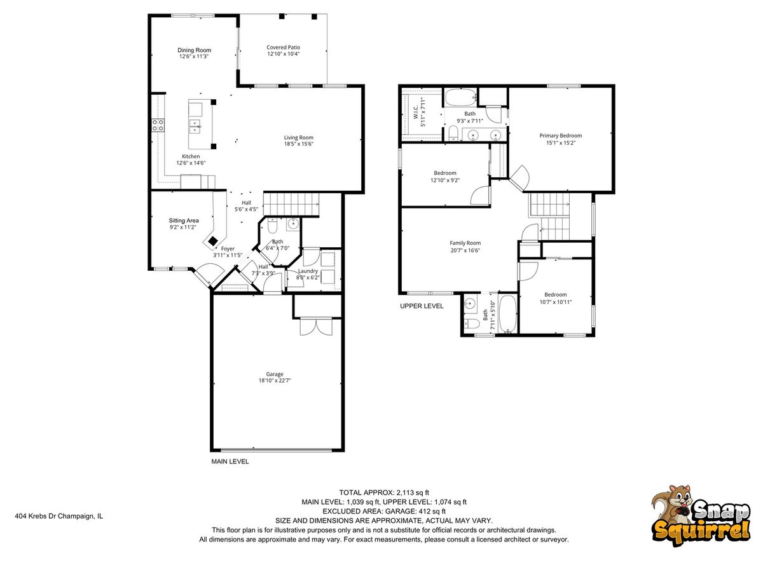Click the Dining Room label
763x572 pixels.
click(x=194, y=50)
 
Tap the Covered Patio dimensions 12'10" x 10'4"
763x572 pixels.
click(x=284, y=54)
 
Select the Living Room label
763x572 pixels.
click(x=298, y=137)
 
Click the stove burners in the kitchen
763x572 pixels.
click(x=158, y=125)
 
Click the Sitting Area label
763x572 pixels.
click(x=184, y=221)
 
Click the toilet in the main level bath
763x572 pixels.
click(x=272, y=226)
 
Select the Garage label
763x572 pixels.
click(x=275, y=374)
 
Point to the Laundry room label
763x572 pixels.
click(x=308, y=271)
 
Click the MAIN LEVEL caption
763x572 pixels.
click(x=230, y=461)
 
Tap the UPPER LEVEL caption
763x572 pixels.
click(x=422, y=306)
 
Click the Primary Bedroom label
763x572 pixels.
click(x=561, y=136)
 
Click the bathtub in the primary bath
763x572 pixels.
click(x=460, y=98)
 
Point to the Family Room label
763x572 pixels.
click(x=465, y=243)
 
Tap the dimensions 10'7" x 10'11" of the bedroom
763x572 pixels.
click(x=556, y=302)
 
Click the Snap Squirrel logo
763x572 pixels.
click(x=701, y=515)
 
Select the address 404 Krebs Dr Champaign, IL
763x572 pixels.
click(x=58, y=516)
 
